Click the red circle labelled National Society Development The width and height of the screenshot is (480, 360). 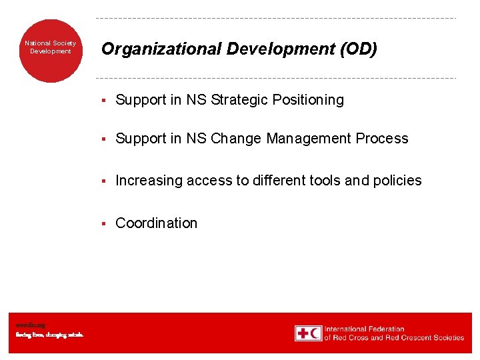click(51, 51)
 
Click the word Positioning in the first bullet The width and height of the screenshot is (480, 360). click(313, 100)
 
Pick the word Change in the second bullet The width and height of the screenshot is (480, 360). click(236, 139)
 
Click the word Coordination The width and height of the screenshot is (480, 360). click(157, 223)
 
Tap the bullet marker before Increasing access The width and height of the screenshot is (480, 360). click(104, 181)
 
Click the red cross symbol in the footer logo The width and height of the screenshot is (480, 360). click(303, 333)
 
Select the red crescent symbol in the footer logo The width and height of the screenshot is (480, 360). click(315, 333)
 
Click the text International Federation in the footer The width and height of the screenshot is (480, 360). click(365, 329)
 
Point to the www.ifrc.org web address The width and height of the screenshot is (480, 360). click(31, 325)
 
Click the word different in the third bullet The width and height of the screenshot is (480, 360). click(283, 181)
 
